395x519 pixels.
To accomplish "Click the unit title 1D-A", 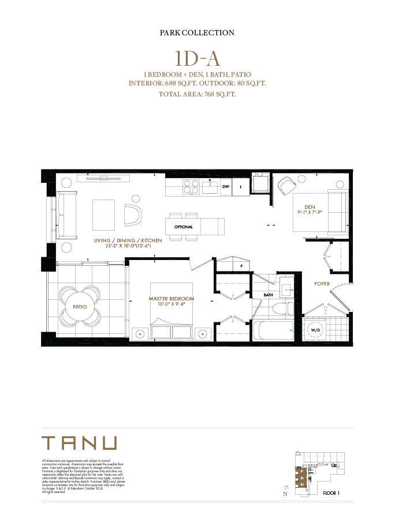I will point(197,59).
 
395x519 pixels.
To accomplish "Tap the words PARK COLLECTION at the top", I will point(197,33).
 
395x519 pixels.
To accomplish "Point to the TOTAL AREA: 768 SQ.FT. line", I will point(197,94).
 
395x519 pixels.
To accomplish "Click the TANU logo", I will point(80,443).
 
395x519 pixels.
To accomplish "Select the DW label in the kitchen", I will point(226,186).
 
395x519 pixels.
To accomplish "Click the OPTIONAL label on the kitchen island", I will point(184,227).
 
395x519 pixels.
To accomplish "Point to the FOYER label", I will point(322,284).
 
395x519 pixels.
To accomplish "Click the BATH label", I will point(268,295).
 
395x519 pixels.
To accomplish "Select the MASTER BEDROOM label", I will point(171,299).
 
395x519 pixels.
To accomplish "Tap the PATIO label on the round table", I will point(80,307).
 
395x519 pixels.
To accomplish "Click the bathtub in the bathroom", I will point(274,331).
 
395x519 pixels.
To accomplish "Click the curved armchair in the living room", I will point(133,216).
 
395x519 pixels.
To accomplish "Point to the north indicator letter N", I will point(285,494).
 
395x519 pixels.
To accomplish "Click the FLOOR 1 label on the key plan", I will point(331,493).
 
